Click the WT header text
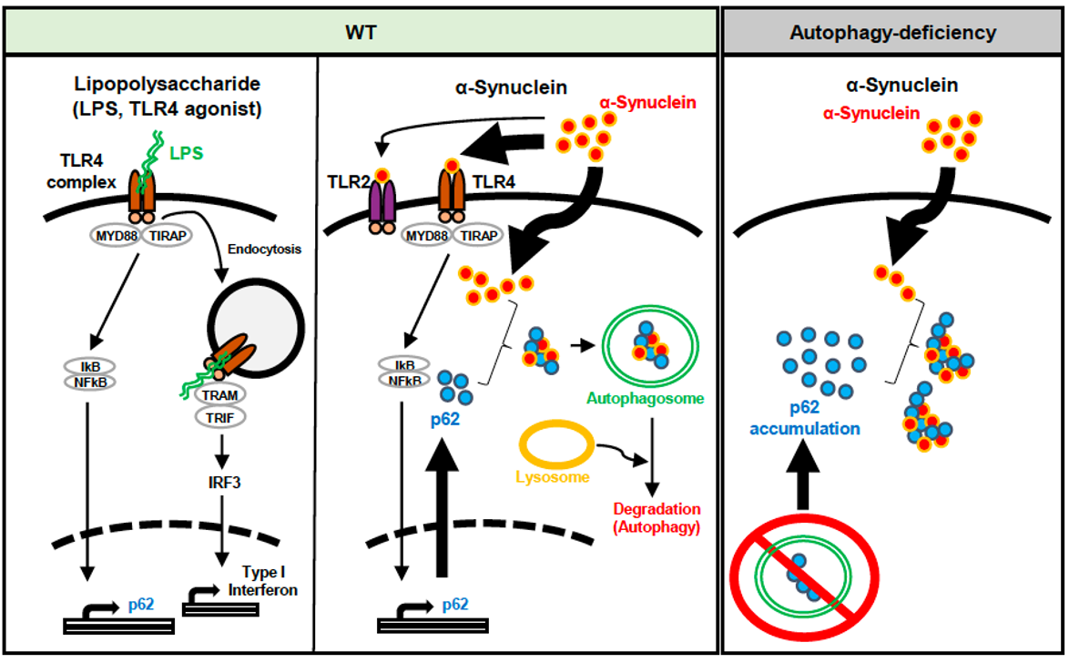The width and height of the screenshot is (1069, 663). pos(361,33)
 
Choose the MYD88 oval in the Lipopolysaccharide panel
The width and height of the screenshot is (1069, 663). pos(111,236)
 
